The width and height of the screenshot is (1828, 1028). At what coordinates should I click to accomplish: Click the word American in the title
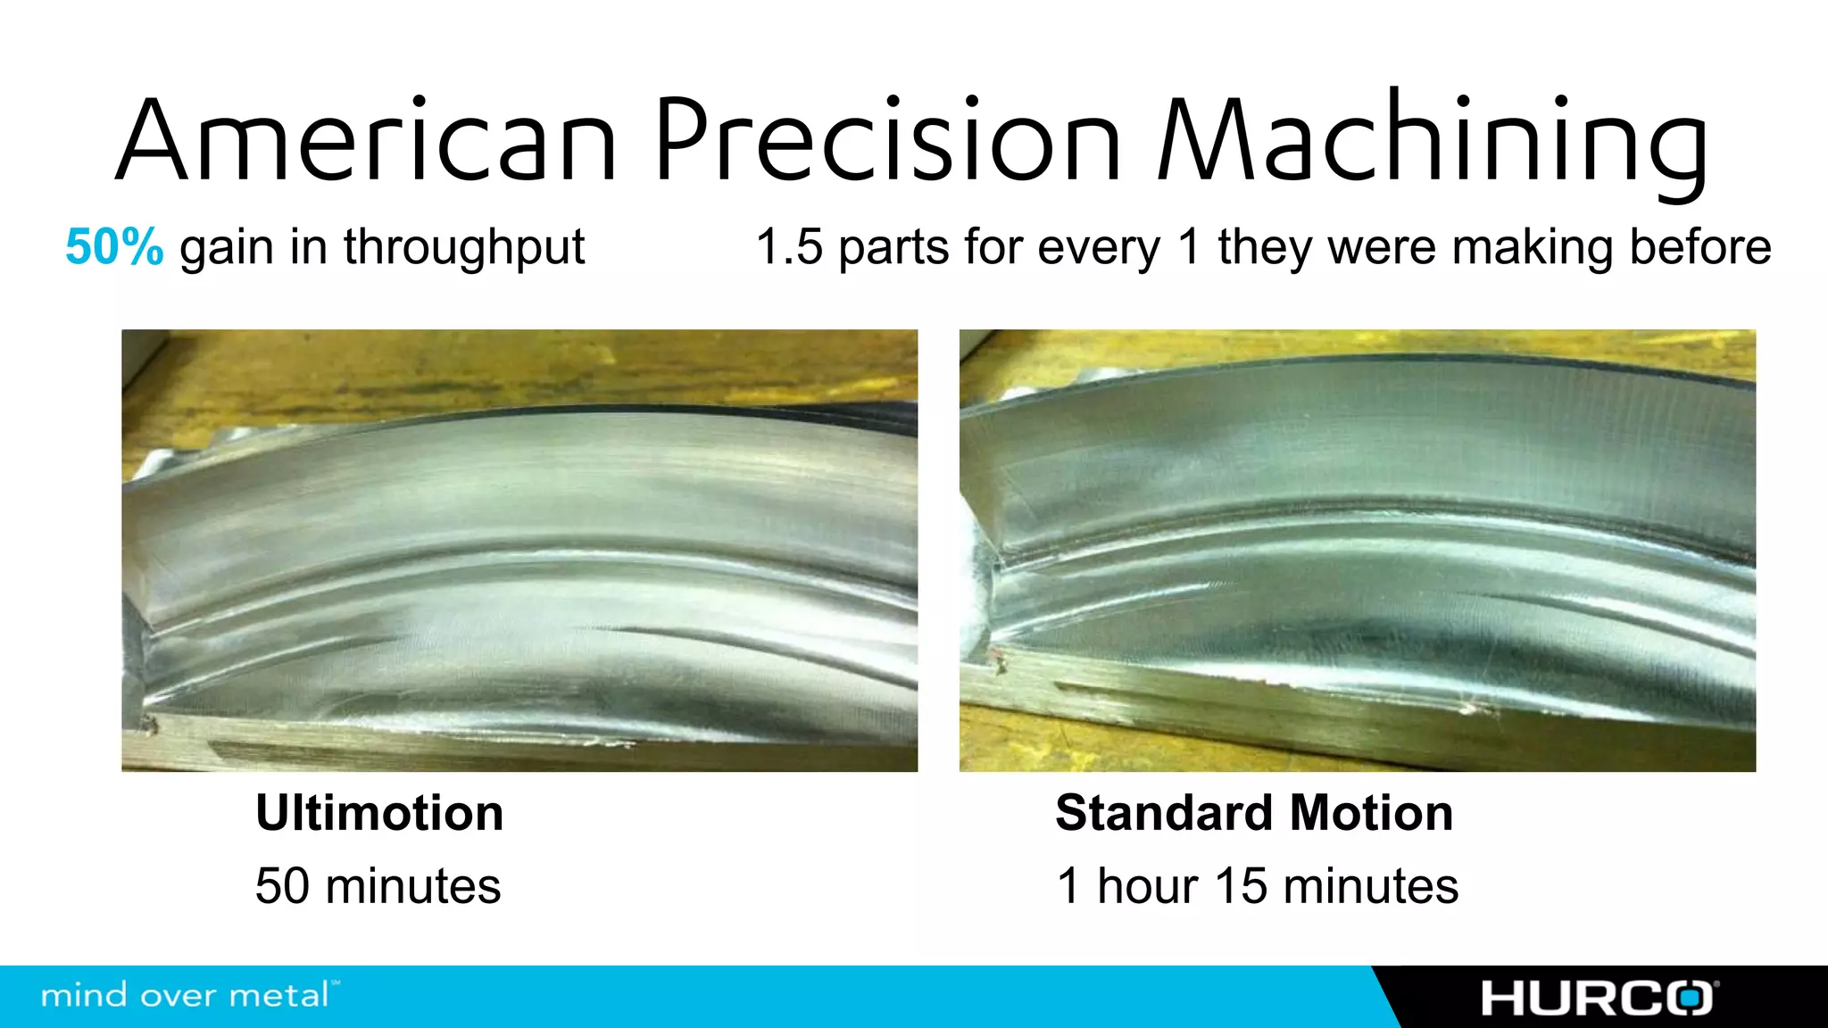pyautogui.click(x=366, y=141)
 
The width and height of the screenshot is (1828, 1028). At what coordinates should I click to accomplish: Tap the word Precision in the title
pyautogui.click(x=888, y=141)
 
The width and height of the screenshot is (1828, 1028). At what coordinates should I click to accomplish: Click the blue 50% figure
pyautogui.click(x=114, y=247)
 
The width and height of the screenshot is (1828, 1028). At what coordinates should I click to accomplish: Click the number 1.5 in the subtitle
pyautogui.click(x=789, y=247)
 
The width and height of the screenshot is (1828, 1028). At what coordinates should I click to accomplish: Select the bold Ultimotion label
pyautogui.click(x=379, y=813)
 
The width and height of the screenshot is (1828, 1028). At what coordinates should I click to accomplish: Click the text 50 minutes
pyautogui.click(x=378, y=886)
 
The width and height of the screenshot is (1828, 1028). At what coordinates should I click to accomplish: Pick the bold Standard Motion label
pyautogui.click(x=1254, y=813)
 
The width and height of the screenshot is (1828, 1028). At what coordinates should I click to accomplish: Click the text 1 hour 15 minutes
pyautogui.click(x=1257, y=886)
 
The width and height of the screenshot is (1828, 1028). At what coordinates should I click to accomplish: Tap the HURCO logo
pyautogui.click(x=1599, y=998)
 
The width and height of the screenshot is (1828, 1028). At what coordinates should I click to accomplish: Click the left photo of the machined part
pyautogui.click(x=519, y=551)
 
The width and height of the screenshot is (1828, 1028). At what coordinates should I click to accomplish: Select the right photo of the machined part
pyautogui.click(x=1357, y=551)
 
